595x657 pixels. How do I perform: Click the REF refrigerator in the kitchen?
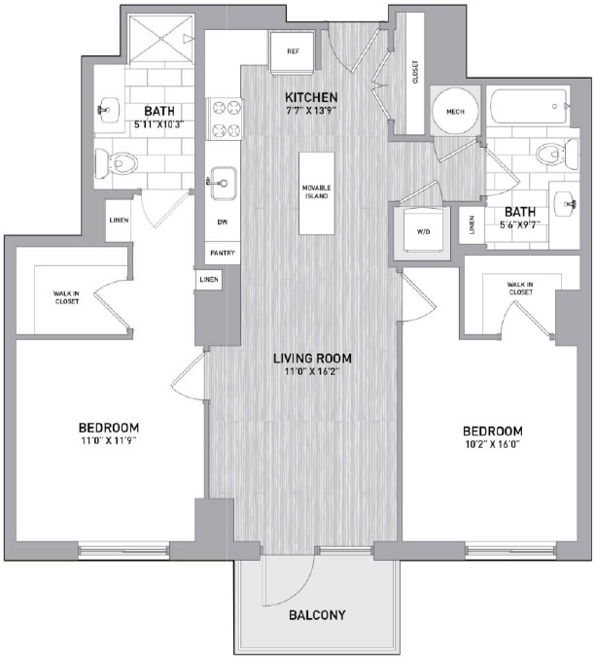click(x=293, y=52)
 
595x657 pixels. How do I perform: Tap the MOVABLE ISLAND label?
click(x=316, y=191)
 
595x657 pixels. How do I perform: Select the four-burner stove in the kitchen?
click(x=225, y=119)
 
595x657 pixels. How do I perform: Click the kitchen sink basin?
click(x=224, y=184)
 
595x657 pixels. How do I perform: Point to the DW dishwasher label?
click(x=223, y=222)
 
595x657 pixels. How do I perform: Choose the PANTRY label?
click(x=223, y=253)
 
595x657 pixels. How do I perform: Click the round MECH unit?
click(x=455, y=112)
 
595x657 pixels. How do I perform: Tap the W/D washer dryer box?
click(x=423, y=231)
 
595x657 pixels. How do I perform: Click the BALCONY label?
click(x=317, y=615)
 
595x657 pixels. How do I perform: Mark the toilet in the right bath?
click(x=557, y=155)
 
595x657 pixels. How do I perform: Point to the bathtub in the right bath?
click(x=530, y=107)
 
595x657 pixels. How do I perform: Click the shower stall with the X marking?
click(x=160, y=40)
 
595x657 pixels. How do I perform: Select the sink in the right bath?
click(x=566, y=204)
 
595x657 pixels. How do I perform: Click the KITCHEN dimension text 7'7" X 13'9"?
click(x=311, y=111)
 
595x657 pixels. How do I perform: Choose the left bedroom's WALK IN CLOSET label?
click(x=67, y=297)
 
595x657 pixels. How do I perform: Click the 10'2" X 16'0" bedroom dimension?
click(x=493, y=444)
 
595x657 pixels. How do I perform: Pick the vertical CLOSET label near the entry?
click(x=415, y=72)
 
